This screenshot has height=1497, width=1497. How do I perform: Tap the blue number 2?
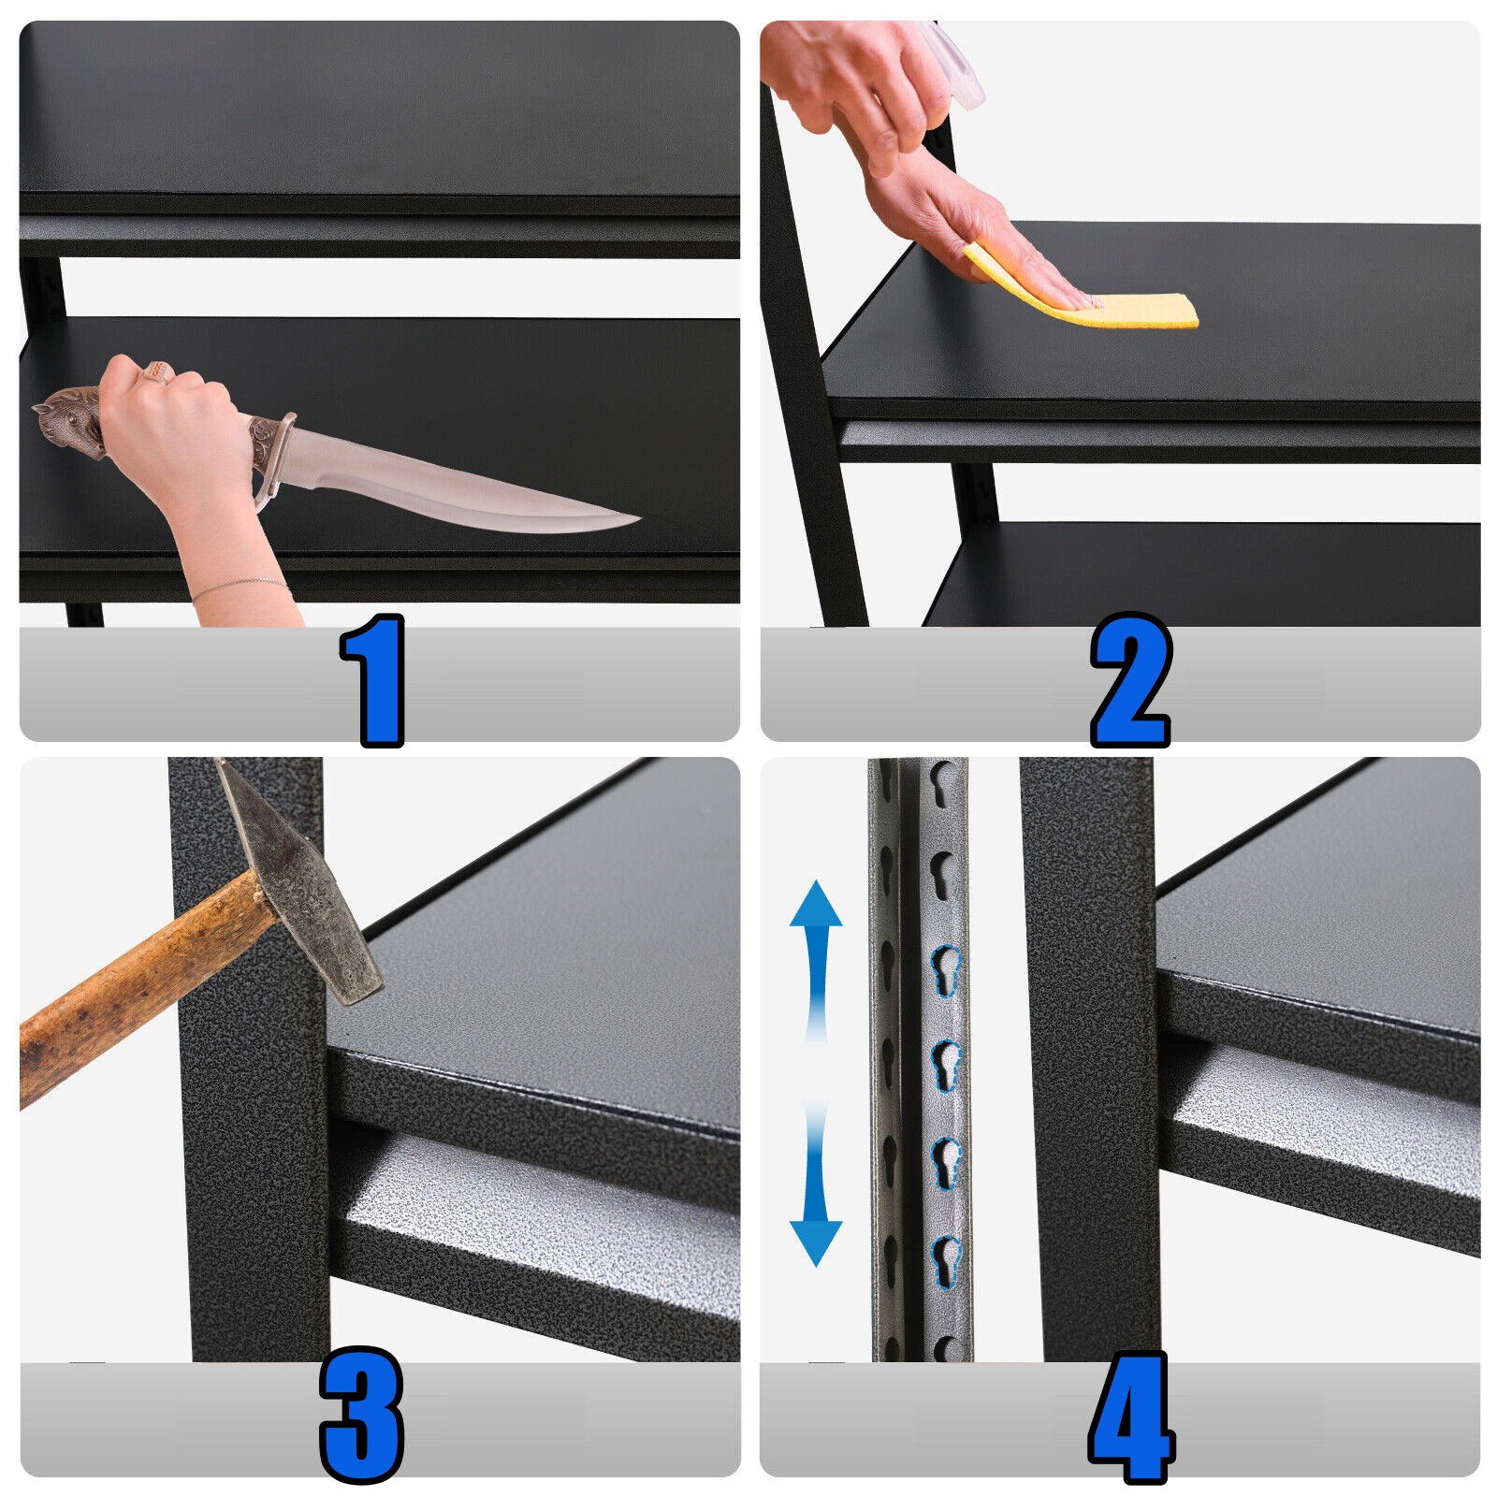tap(1131, 680)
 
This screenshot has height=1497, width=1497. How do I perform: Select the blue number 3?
tap(361, 1415)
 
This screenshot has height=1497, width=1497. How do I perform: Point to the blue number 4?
tap(1131, 1417)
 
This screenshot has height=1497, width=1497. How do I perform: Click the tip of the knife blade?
tap(640, 517)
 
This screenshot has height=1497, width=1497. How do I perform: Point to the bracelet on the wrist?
tap(239, 587)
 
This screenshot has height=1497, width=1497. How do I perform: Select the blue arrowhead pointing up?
tap(816, 904)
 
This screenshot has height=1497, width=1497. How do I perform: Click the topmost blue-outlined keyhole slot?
tap(946, 969)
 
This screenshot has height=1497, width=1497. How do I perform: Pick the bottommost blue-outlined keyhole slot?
tap(946, 1260)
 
